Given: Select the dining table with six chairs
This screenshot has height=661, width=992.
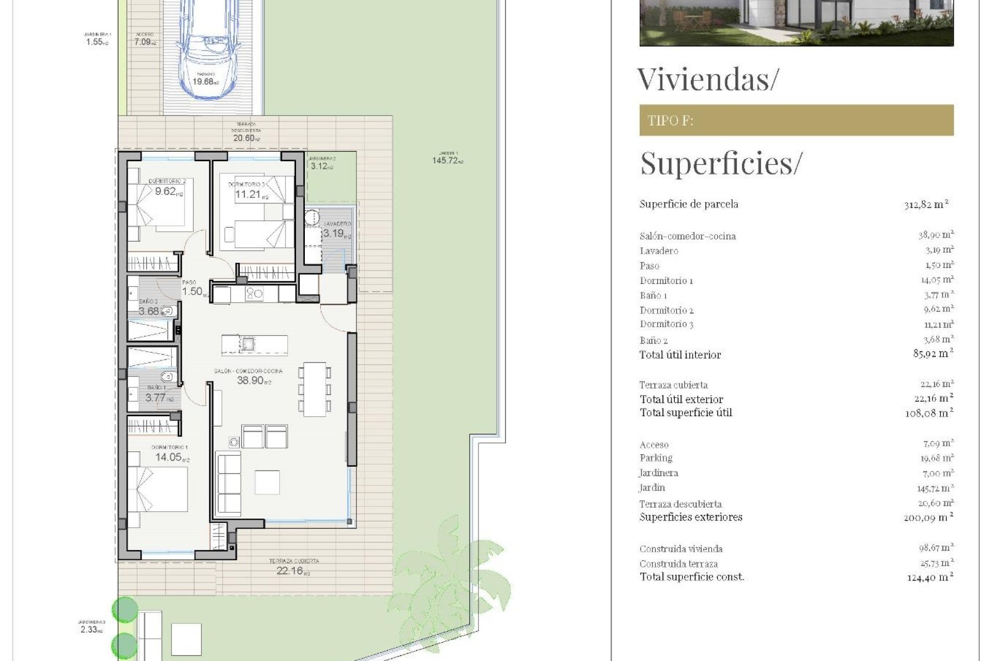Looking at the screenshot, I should [x=315, y=389].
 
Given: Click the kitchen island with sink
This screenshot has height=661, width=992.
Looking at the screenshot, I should [x=254, y=344].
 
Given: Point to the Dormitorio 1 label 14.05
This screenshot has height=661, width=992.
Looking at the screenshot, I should [x=169, y=457].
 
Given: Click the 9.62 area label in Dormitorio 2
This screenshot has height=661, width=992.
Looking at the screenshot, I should [x=166, y=191].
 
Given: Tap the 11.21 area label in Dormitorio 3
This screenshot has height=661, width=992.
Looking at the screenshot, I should [x=248, y=194].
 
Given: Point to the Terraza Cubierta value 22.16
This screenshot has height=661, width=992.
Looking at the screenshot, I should [x=291, y=571].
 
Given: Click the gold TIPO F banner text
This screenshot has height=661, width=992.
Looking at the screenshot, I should [x=671, y=120].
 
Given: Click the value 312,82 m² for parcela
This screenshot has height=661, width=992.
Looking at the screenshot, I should [x=926, y=204].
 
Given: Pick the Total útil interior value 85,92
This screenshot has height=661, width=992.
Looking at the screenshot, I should [x=933, y=354].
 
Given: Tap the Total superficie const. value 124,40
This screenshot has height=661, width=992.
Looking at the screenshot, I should [x=929, y=577].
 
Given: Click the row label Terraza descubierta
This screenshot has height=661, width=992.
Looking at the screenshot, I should [x=680, y=504].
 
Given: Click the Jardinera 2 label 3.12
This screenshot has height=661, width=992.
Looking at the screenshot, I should [x=320, y=166].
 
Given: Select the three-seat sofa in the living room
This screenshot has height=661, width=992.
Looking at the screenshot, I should [x=228, y=481].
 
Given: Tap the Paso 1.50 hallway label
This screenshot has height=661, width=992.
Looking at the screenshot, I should [x=192, y=291].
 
